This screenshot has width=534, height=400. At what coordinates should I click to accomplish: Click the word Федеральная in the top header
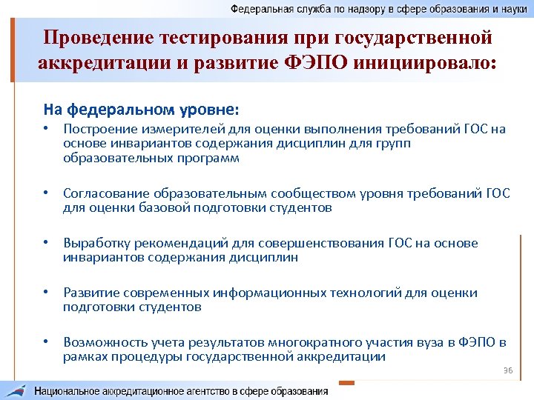pyautogui.click(x=259, y=9)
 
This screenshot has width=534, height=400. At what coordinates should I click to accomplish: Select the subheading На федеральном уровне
pyautogui.click(x=141, y=110)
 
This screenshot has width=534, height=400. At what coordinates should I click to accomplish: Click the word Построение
pyautogui.click(x=96, y=130)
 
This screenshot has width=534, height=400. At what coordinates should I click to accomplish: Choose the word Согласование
pyautogui.click(x=104, y=193)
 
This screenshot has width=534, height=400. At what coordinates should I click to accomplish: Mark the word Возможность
pyautogui.click(x=102, y=342)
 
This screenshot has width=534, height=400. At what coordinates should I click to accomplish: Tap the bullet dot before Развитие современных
pyautogui.click(x=46, y=293)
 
